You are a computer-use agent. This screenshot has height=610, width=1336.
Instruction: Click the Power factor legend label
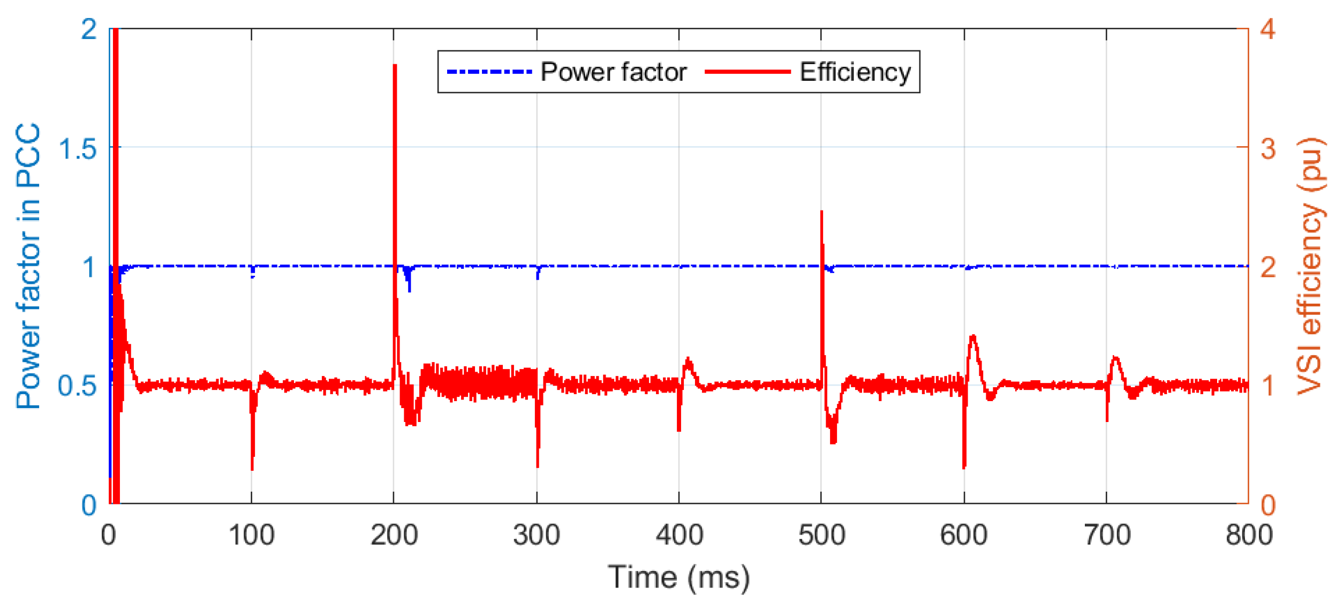click(613, 72)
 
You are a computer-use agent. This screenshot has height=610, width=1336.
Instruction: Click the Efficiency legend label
click(855, 72)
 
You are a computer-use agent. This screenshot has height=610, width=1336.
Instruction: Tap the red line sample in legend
click(748, 72)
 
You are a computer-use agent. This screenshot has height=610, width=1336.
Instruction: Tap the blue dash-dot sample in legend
click(489, 72)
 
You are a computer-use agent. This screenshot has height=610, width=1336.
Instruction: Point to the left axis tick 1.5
click(78, 148)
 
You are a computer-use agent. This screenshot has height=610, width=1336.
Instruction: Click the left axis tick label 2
click(89, 29)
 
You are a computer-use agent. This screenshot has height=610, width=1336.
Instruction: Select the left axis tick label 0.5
click(78, 386)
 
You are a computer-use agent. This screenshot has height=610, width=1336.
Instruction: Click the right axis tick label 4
click(1267, 29)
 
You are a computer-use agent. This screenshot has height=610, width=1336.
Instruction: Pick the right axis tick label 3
click(1267, 148)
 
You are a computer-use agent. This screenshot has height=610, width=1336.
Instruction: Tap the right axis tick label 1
click(1267, 386)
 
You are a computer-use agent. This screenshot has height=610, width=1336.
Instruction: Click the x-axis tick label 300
click(536, 535)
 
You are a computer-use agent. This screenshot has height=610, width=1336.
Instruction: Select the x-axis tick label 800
click(1249, 535)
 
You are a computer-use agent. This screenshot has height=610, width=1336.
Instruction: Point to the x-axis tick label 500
click(821, 535)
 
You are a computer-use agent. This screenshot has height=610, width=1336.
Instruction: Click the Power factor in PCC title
click(28, 266)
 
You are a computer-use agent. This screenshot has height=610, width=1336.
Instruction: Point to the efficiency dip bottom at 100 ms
click(252, 469)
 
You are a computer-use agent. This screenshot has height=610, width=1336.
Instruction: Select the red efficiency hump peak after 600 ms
click(972, 337)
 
